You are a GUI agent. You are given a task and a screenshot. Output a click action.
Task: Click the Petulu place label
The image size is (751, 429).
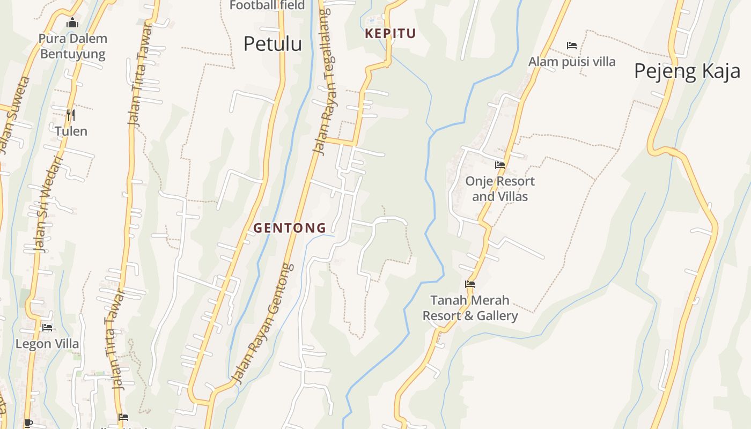pos(273,43)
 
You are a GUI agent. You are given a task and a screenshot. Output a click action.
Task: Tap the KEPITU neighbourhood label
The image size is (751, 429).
pos(390,33)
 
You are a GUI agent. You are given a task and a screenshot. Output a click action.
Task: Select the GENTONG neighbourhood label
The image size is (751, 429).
pos(290,228)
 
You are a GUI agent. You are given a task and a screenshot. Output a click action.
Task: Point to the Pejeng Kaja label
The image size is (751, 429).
pos(687,71)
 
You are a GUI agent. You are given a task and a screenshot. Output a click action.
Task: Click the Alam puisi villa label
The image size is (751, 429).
pos(572,62)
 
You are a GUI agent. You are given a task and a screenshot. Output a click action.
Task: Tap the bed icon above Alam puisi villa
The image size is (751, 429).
pos(572,46)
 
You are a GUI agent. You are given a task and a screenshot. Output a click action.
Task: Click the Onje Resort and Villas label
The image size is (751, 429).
pos(500,189)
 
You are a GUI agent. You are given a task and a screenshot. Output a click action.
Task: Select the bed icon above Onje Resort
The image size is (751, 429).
pos(500,165)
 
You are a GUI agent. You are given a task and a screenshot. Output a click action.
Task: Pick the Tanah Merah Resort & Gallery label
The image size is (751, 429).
pos(470,308)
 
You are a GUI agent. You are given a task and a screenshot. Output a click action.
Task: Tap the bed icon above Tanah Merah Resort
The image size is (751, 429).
pos(470,284)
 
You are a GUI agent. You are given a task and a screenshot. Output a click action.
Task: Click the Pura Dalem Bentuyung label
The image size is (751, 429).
pos(73,46)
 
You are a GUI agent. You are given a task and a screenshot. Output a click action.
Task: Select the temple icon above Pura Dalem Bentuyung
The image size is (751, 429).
pos(72,23)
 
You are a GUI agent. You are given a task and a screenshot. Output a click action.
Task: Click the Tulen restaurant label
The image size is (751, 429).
pos(71,131)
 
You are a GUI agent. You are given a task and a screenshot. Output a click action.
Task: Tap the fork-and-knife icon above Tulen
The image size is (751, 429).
pos(70,115)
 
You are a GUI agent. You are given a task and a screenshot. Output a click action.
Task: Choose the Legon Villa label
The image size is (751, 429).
pos(47,344)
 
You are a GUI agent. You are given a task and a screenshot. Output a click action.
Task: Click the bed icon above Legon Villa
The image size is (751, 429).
pos(47,327)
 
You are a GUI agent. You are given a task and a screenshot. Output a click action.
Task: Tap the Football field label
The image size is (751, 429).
pos(267,5)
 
